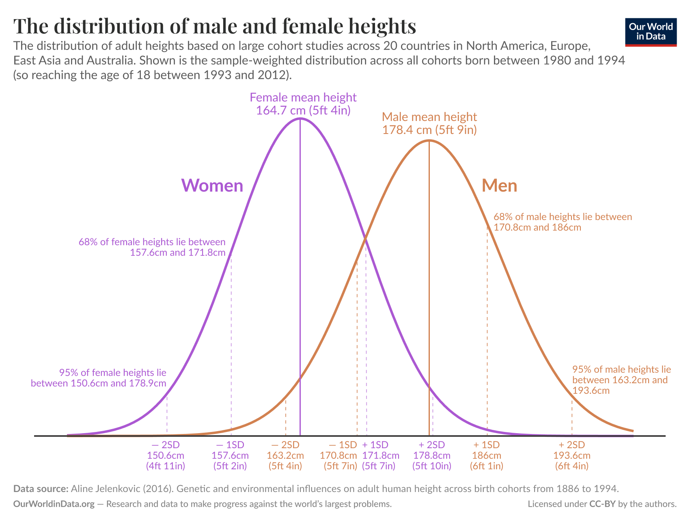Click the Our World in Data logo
point(651,32)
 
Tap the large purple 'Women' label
point(212,186)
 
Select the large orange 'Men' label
point(499,186)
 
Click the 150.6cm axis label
point(166,455)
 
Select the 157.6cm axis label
point(230,455)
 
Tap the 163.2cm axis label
point(285,455)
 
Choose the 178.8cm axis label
point(432,455)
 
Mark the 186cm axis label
point(487,455)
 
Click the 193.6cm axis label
point(572,455)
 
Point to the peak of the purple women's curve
point(300,119)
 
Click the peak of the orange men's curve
point(429,140)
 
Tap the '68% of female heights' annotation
point(152,247)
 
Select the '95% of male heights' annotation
point(621,380)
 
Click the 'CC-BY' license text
point(602,504)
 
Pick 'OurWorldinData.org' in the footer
point(54,504)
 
